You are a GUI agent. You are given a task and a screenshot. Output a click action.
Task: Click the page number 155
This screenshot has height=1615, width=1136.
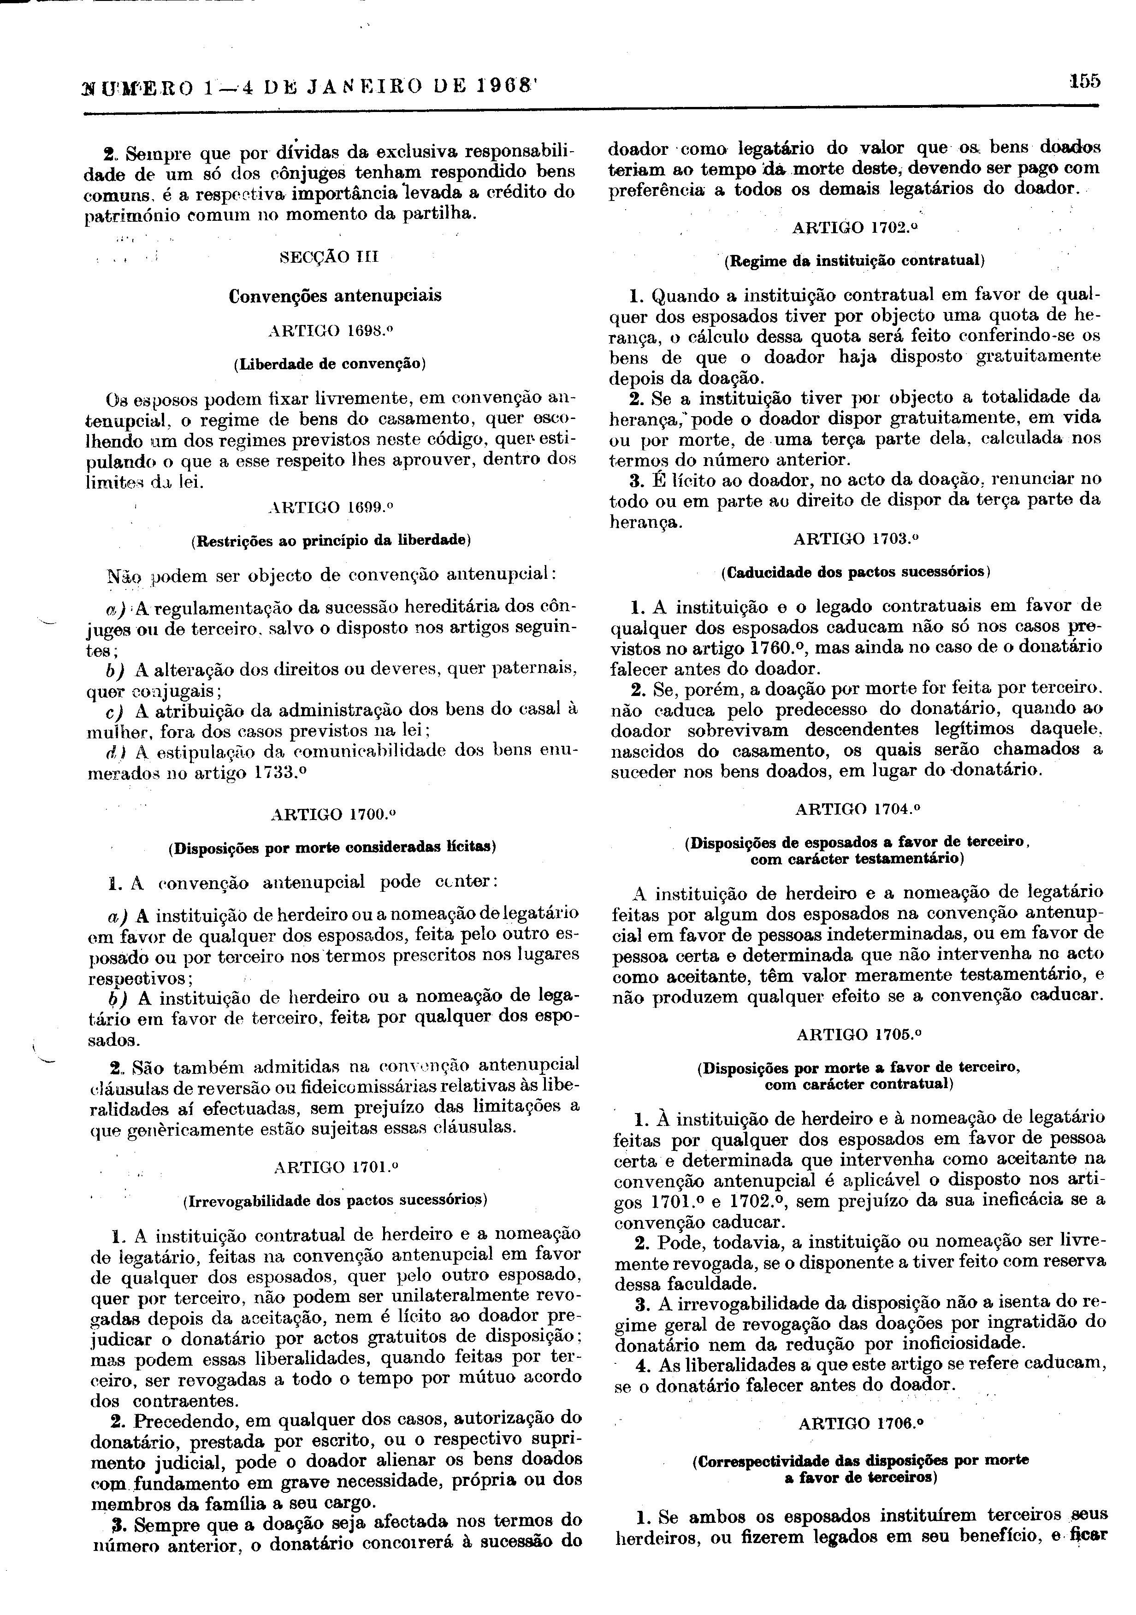(1084, 81)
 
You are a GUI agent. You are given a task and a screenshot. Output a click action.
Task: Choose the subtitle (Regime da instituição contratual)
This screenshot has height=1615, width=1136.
(854, 260)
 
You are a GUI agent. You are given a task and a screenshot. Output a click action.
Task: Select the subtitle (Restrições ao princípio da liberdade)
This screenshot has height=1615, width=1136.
(331, 540)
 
